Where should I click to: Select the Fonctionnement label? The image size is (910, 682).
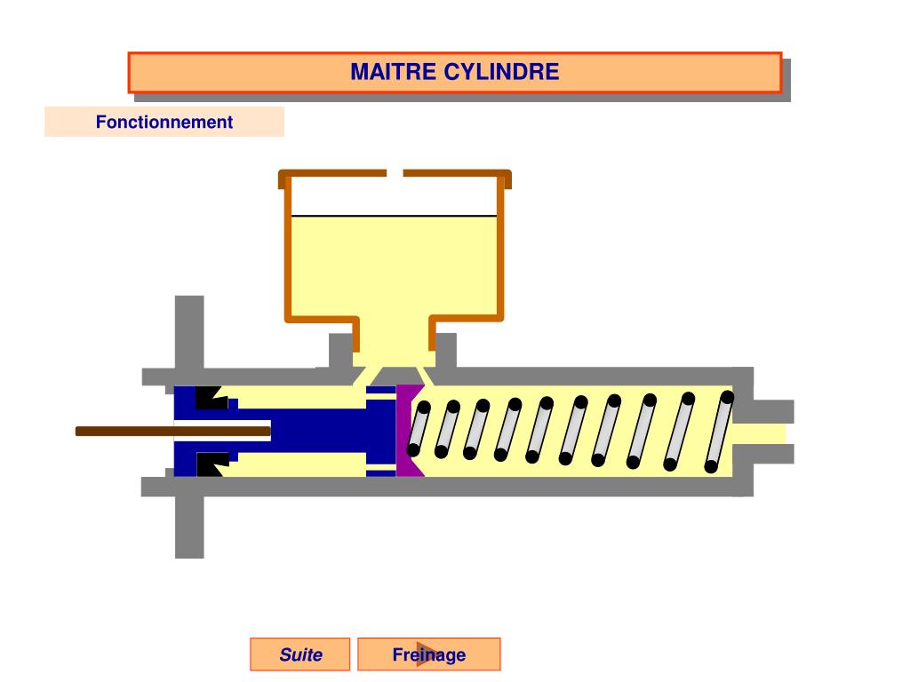(x=164, y=123)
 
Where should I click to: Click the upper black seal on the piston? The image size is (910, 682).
(x=211, y=397)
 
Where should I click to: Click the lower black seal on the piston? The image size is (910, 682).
(x=211, y=464)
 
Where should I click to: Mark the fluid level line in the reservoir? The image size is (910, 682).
(x=394, y=216)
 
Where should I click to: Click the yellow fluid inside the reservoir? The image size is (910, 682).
(x=394, y=266)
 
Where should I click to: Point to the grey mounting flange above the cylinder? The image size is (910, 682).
(x=189, y=333)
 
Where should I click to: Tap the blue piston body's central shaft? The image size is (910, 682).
(x=329, y=432)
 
